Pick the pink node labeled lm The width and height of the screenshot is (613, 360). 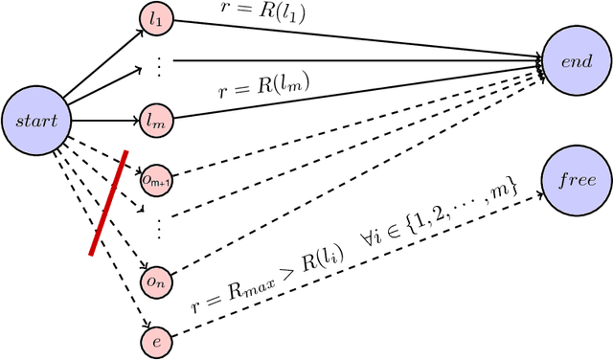(x=156, y=122)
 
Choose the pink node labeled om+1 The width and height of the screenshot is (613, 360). (x=156, y=177)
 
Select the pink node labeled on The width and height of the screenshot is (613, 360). (x=156, y=281)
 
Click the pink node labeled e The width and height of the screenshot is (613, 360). (x=156, y=340)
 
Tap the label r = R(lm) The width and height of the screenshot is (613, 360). (x=263, y=92)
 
